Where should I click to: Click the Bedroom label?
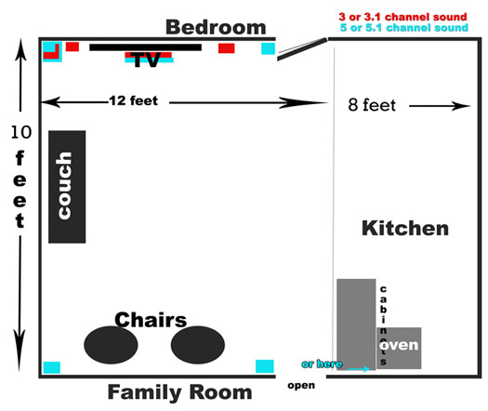216,27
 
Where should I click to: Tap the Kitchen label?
405,228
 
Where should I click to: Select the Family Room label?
180,392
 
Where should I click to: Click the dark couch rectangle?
67,187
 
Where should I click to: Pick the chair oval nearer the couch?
111,345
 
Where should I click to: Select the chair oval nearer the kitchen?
198,345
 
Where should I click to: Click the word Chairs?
151,320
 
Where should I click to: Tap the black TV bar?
145,47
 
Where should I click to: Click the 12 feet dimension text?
134,100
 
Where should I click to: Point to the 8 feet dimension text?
372,105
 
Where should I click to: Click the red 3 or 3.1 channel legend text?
403,17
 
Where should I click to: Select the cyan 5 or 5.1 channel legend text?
404,27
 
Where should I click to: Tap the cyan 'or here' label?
323,364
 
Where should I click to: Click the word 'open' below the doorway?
301,386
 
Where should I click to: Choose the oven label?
399,345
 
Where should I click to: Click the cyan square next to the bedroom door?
268,48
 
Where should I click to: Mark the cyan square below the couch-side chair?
52,367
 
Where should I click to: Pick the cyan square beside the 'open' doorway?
265,366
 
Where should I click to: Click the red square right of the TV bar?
226,48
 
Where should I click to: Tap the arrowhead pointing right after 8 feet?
461,106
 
